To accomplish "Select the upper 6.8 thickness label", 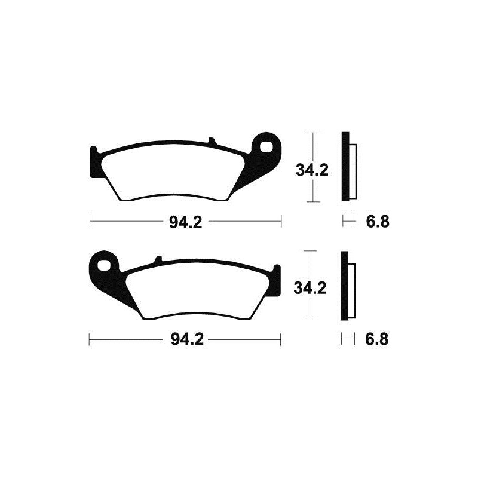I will click(x=378, y=222).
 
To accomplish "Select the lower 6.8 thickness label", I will click(x=378, y=341).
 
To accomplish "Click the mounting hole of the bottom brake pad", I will click(x=107, y=265).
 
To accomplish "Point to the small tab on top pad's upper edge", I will click(x=212, y=141).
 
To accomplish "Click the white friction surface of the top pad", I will click(x=173, y=171).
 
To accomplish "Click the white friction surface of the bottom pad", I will click(x=197, y=289).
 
